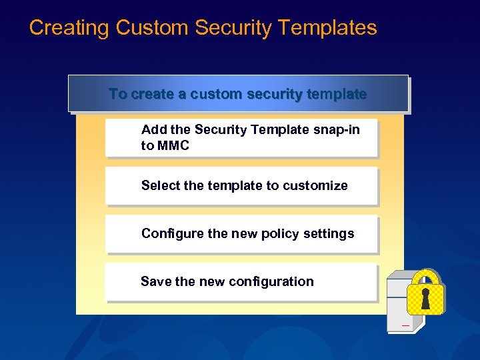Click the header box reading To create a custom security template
click(x=238, y=94)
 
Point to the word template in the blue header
click(x=338, y=94)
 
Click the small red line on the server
click(x=405, y=325)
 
